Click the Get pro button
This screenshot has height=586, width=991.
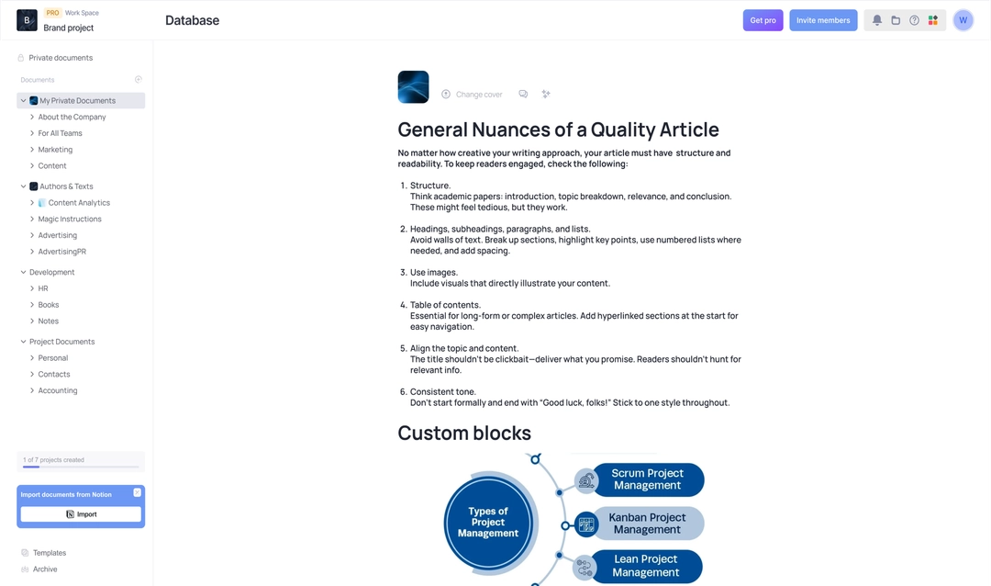point(763,20)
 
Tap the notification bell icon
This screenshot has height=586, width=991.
point(877,20)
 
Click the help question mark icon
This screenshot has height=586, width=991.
point(914,20)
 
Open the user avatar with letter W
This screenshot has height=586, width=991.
point(963,20)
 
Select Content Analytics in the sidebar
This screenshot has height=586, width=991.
point(79,203)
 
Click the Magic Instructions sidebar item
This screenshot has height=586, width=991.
point(70,220)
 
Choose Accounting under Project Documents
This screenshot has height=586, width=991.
point(58,391)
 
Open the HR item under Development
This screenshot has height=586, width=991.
point(43,288)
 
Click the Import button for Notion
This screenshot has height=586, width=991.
point(81,514)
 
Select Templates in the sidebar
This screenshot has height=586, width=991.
point(50,553)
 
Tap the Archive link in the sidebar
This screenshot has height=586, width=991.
point(45,569)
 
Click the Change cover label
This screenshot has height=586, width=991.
point(479,95)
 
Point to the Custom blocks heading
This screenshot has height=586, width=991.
point(464,433)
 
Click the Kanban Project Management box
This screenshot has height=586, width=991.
point(647,524)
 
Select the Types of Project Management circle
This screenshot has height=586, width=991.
point(488,523)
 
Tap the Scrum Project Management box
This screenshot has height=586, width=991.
point(647,479)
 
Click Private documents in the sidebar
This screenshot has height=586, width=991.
point(61,58)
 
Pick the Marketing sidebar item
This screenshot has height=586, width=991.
point(55,150)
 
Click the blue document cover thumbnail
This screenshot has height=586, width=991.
point(413,87)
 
